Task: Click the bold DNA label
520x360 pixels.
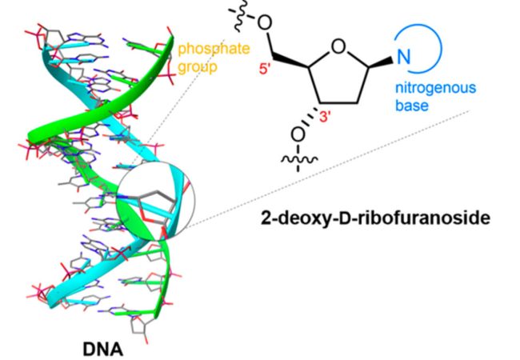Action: click(x=102, y=349)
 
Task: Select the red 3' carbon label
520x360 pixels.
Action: click(x=326, y=116)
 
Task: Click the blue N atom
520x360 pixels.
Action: click(x=403, y=57)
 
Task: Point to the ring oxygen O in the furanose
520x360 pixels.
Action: click(x=338, y=47)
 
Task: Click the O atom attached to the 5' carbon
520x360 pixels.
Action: click(x=265, y=23)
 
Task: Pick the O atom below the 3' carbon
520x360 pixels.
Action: click(x=298, y=135)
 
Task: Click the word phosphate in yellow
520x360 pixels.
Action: click(x=214, y=50)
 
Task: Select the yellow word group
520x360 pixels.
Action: click(x=198, y=67)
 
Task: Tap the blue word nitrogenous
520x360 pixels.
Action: click(x=435, y=88)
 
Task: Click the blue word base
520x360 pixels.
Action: click(x=411, y=106)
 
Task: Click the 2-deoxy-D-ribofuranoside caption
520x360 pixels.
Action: click(x=375, y=218)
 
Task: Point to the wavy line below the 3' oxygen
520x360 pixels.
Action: click(x=299, y=161)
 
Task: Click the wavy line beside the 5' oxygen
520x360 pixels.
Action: click(x=241, y=19)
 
